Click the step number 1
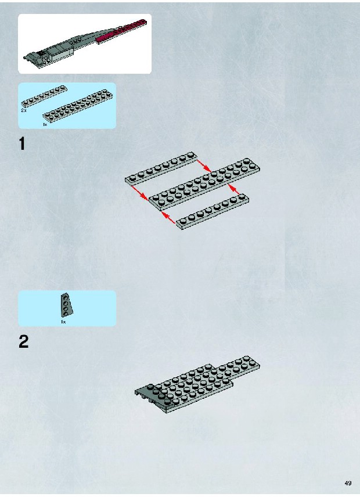[22, 143]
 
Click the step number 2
[23, 342]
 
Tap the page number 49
[348, 484]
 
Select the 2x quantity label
[23, 110]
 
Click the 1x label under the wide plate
[45, 125]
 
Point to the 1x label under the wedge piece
[63, 322]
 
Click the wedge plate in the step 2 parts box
[65, 304]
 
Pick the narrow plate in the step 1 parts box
[44, 96]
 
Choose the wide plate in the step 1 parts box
[78, 106]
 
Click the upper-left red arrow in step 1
[140, 193]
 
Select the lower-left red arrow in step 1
[168, 218]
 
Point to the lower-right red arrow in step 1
[235, 189]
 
